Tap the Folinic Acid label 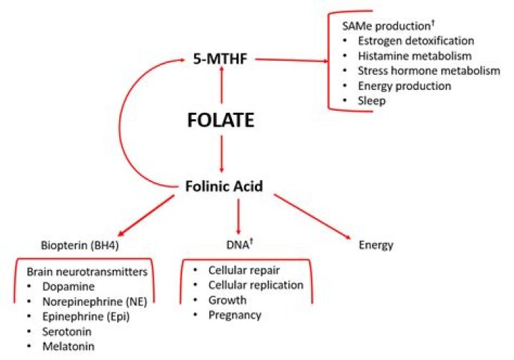(222, 186)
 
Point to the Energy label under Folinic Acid (376, 245)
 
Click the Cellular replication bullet (256, 285)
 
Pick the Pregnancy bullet (235, 315)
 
